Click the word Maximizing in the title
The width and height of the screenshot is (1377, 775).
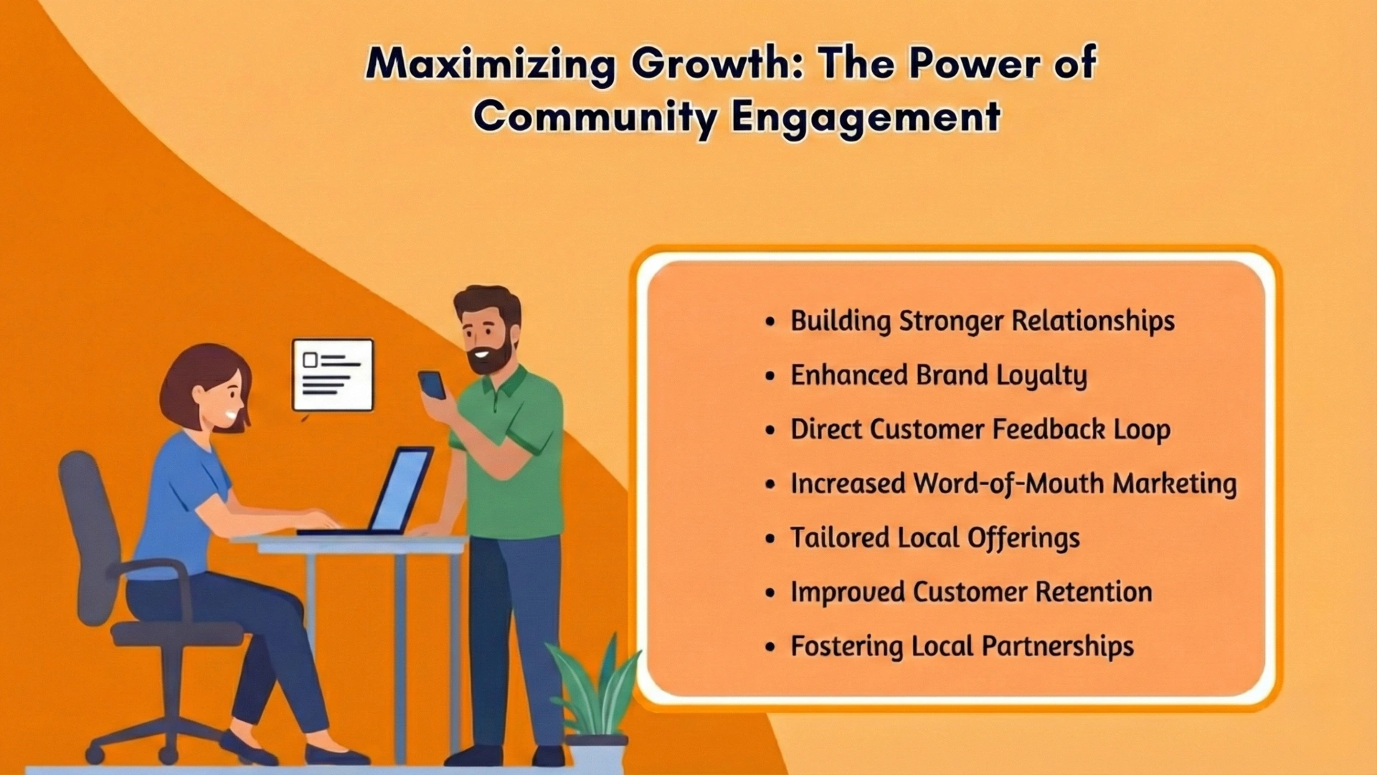click(x=490, y=64)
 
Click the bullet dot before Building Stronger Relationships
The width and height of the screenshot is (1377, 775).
click(x=770, y=321)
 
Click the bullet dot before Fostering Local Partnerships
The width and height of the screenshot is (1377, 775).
click(x=770, y=647)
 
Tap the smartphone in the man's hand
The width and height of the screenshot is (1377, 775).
click(x=432, y=385)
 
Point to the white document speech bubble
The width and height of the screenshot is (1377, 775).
click(x=333, y=375)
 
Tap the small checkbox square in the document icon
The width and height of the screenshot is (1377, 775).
click(x=310, y=360)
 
